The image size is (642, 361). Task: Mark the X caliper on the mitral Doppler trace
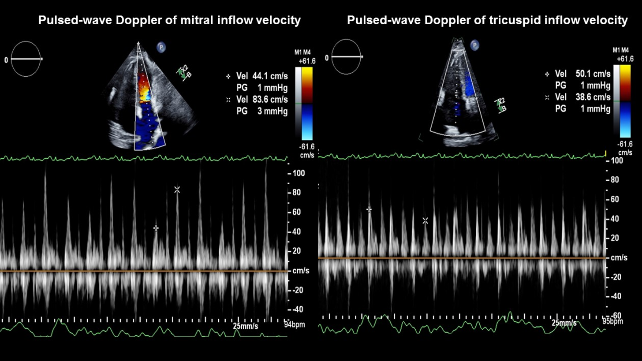click(177, 190)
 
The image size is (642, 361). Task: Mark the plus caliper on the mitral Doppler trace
click(156, 228)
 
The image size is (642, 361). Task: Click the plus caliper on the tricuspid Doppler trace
click(369, 209)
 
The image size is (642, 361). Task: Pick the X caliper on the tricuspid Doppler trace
click(425, 220)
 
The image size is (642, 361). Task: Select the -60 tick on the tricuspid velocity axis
click(614, 316)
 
